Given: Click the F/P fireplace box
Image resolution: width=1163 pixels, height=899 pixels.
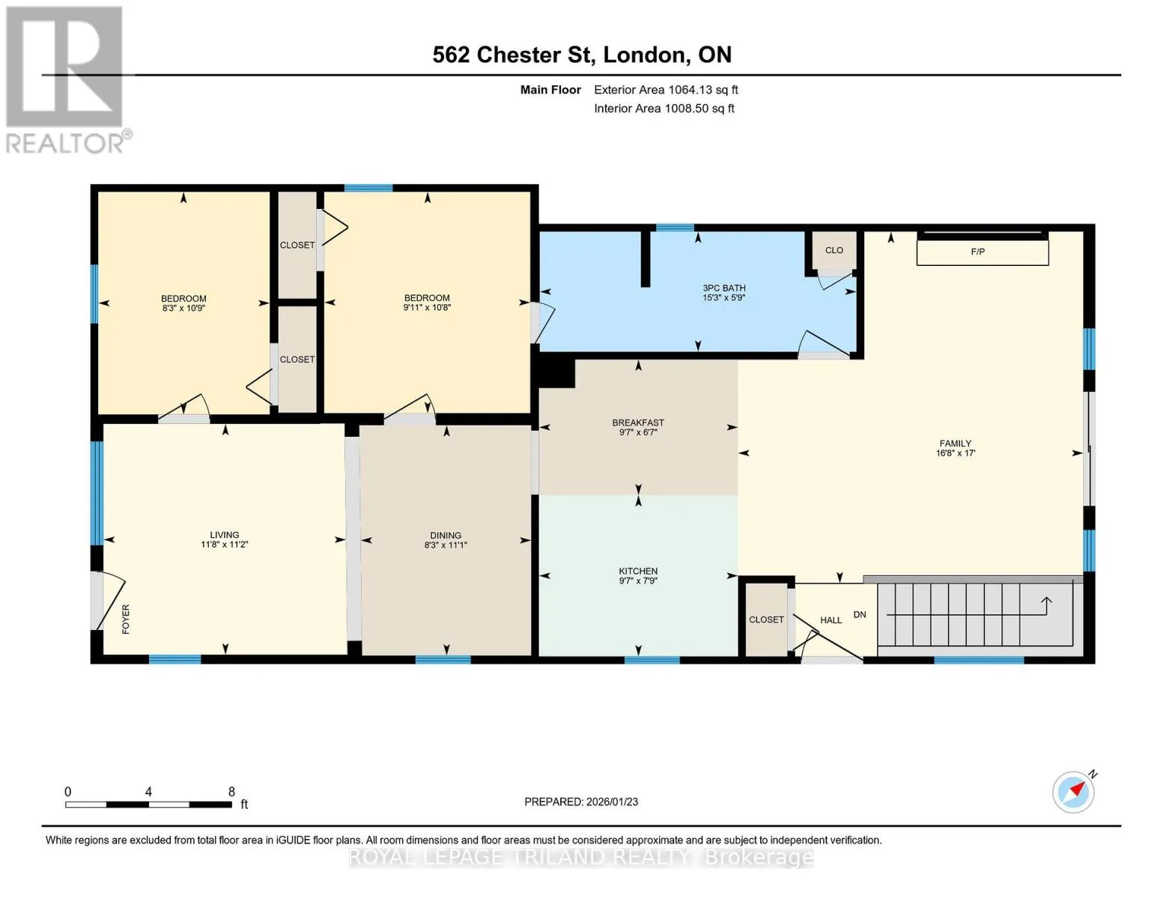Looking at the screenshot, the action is tap(982, 252).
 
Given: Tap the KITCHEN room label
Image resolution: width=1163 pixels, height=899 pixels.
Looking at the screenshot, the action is tap(638, 571).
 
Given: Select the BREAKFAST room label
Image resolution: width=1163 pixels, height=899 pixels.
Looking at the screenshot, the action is tap(638, 423).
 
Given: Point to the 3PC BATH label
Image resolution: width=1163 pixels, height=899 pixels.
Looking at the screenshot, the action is tap(724, 288).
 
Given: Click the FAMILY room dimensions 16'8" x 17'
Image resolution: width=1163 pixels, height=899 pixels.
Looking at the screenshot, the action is tap(956, 453).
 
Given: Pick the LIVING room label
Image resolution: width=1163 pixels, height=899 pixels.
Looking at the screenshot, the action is tap(224, 535).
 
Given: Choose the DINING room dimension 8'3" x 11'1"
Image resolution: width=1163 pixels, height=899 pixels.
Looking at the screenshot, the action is tap(446, 545).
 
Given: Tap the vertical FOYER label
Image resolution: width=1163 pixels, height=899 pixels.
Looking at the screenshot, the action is tap(126, 620).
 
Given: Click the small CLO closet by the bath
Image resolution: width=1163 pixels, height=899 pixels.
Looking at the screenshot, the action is tap(833, 250).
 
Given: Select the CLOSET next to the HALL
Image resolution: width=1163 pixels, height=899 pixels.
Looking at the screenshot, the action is tap(766, 620).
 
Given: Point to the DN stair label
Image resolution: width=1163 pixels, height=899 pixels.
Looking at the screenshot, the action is tap(860, 614).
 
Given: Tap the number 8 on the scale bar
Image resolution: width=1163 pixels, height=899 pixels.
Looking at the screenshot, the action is tap(231, 791).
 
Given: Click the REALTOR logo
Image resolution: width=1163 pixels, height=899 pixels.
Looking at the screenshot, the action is tap(65, 79).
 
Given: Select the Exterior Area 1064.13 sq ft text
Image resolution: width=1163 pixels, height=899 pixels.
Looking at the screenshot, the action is tap(666, 90).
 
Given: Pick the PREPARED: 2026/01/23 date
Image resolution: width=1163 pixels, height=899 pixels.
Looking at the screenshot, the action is tap(581, 802).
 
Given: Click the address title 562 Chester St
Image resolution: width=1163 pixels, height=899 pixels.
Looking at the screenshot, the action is tap(514, 55).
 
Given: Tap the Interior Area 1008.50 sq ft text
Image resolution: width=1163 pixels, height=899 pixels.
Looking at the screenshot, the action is tap(664, 109).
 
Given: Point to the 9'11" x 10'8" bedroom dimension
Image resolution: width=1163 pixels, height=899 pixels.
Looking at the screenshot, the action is tap(427, 308).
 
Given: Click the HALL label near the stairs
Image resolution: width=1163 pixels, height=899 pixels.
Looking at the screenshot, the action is tap(831, 620).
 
